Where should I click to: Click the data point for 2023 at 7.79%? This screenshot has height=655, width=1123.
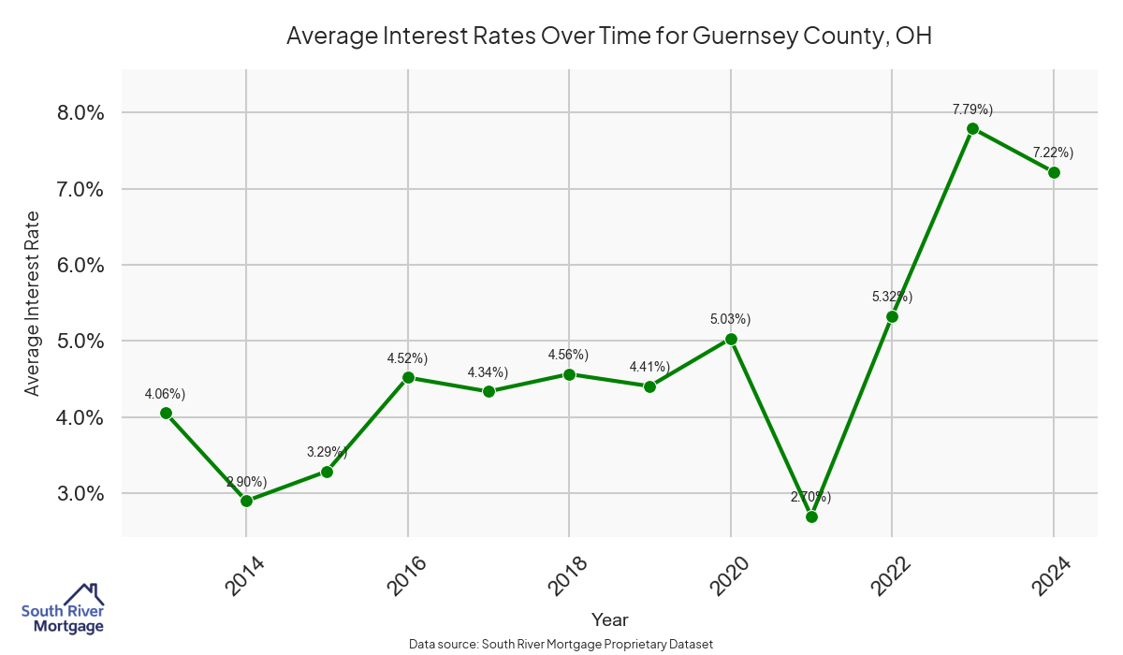click(x=972, y=128)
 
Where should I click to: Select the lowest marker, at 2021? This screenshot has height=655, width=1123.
click(x=811, y=517)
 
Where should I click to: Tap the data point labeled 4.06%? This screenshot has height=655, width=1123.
click(x=166, y=413)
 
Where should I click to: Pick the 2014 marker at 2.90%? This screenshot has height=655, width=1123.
click(x=246, y=501)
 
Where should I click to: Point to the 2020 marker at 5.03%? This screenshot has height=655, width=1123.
click(x=731, y=339)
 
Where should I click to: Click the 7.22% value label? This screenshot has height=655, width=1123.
click(x=1053, y=152)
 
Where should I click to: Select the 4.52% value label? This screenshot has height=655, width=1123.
click(x=407, y=358)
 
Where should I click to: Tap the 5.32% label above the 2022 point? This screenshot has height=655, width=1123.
click(x=892, y=297)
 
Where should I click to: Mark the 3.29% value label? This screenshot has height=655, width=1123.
click(x=327, y=452)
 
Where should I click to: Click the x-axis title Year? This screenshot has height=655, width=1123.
click(x=609, y=619)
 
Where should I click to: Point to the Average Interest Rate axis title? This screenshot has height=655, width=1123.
click(x=33, y=303)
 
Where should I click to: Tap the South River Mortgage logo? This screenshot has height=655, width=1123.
click(x=63, y=609)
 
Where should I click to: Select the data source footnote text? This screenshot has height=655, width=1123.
click(x=561, y=644)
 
